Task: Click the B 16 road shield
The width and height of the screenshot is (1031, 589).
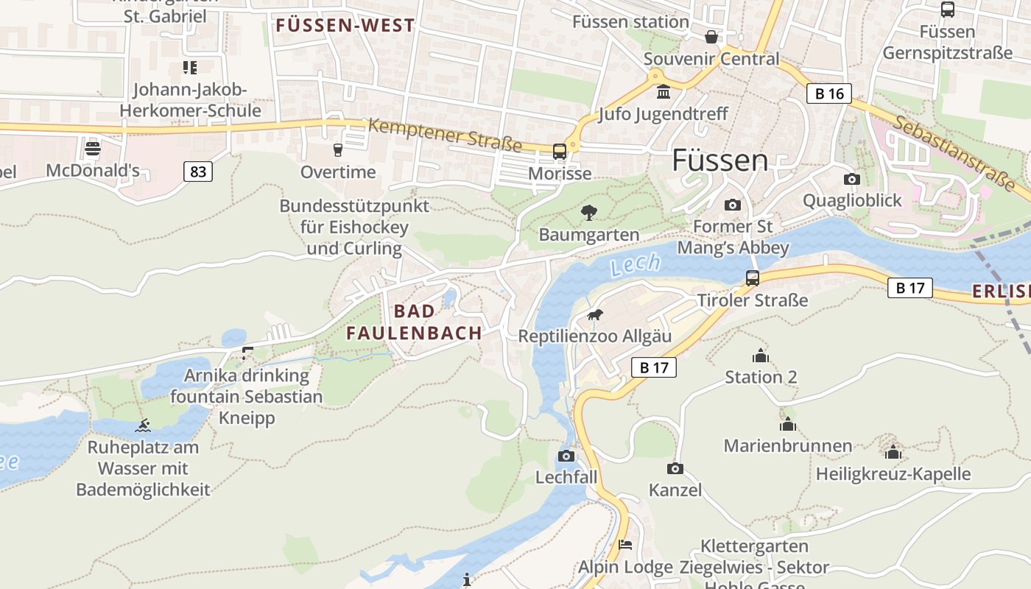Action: click(829, 94)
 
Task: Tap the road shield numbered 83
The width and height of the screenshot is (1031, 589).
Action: click(197, 172)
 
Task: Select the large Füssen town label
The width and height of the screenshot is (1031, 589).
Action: click(720, 160)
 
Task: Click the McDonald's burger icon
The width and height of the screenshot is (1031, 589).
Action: click(93, 149)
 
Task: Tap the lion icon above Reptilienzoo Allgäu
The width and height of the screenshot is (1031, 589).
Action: click(595, 315)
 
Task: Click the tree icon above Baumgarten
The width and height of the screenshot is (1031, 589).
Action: click(588, 214)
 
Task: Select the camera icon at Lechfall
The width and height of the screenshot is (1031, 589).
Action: click(566, 456)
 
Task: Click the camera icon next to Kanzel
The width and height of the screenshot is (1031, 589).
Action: click(675, 468)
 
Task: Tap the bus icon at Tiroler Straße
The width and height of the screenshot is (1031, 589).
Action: click(752, 278)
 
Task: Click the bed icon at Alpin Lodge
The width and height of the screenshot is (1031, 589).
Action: click(625, 546)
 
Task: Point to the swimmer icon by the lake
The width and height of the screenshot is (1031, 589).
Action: click(143, 426)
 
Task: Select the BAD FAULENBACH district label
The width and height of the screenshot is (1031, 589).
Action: click(414, 322)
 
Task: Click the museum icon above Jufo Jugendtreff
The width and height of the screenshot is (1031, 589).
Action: click(663, 93)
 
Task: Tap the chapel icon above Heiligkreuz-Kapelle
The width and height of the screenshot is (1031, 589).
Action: click(893, 452)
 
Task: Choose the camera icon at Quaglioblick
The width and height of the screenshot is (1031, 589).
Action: click(851, 179)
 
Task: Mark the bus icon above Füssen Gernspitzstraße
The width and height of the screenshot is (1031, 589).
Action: click(947, 10)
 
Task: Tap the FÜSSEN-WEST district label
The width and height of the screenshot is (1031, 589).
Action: click(345, 26)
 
